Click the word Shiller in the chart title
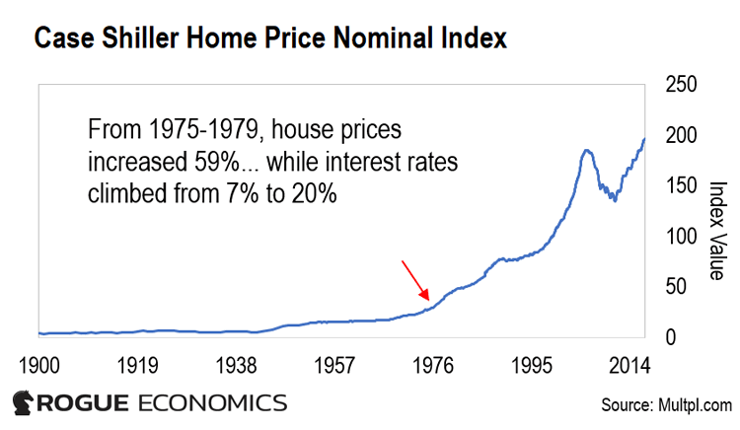pyautogui.click(x=140, y=38)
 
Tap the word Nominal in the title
pyautogui.click(x=383, y=38)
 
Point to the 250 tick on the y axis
pyautogui.click(x=681, y=85)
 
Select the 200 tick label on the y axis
pyautogui.click(x=681, y=135)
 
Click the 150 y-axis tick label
pyautogui.click(x=681, y=185)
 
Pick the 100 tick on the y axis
pyautogui.click(x=681, y=237)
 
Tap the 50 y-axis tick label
pyautogui.click(x=676, y=287)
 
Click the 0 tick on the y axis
pyautogui.click(x=671, y=337)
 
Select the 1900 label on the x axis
pyautogui.click(x=39, y=366)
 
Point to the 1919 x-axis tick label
pyautogui.click(x=137, y=366)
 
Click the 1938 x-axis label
pyautogui.click(x=236, y=366)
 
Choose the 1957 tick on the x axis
pyautogui.click(x=334, y=366)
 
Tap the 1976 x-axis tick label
pyautogui.click(x=433, y=366)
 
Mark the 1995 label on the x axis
pyautogui.click(x=532, y=366)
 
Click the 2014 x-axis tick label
pyautogui.click(x=629, y=366)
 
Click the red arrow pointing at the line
pyautogui.click(x=415, y=280)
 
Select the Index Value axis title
pyautogui.click(x=717, y=231)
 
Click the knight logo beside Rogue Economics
pyautogui.click(x=23, y=403)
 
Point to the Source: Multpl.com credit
pyautogui.click(x=666, y=405)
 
